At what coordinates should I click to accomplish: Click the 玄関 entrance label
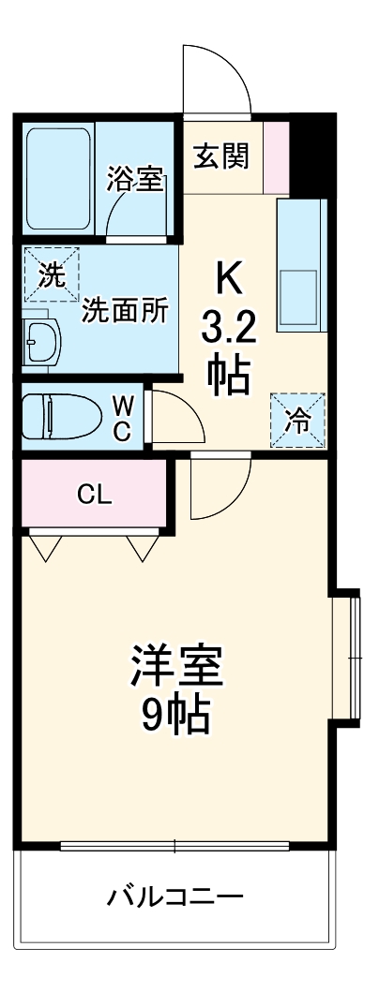point(221,155)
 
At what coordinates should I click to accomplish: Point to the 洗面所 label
point(125,311)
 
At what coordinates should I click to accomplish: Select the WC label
point(123,418)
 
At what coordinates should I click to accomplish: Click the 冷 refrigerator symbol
point(298,419)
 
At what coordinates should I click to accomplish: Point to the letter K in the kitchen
point(229,278)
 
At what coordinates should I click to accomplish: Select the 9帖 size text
point(176,717)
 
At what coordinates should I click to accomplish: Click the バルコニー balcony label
point(175,898)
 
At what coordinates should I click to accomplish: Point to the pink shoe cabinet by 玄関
point(276,155)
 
